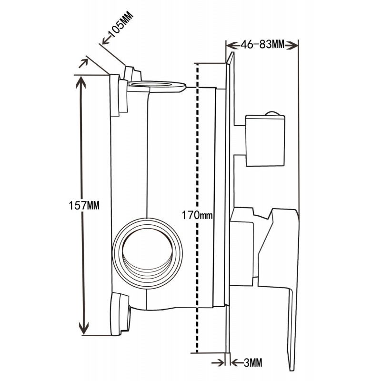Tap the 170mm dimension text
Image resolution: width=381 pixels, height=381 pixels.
[x=197, y=215]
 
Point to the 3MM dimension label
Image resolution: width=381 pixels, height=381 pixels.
[x=253, y=363]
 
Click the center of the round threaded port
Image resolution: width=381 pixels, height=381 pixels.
[x=148, y=248]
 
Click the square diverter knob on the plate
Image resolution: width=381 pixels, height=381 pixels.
[x=264, y=140]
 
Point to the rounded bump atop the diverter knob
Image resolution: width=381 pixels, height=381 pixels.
[x=272, y=113]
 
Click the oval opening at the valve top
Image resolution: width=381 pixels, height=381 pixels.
[x=157, y=86]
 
